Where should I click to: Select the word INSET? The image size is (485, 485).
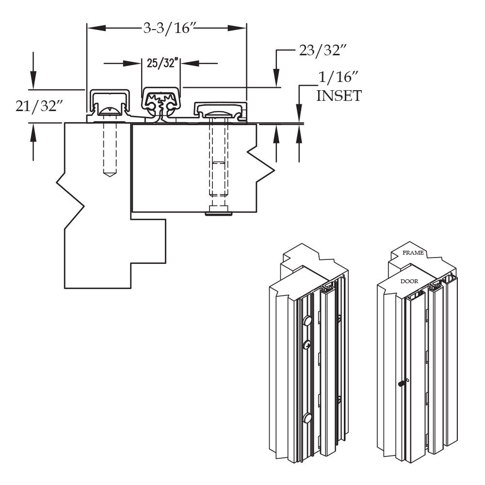pos(339,96)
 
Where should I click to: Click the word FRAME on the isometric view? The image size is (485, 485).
pos(413,253)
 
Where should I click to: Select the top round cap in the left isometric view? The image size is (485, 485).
pos(307,321)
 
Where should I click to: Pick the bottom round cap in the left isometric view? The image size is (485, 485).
pos(307,418)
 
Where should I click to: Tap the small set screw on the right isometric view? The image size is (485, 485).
pos(402,384)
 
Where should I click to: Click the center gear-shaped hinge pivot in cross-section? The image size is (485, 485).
pos(162,102)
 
